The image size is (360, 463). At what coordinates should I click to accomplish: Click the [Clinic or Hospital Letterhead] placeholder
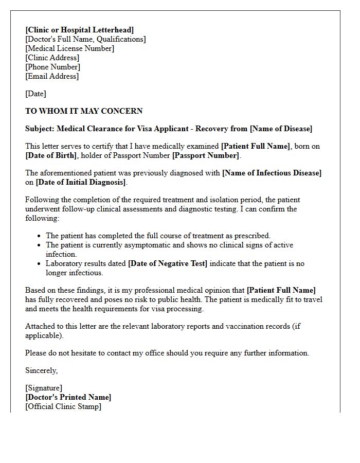(79, 30)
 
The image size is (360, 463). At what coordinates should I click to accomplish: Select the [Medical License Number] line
(69, 48)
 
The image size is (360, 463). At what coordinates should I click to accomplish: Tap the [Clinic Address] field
(52, 58)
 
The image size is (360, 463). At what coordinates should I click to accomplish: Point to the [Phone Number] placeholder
(52, 67)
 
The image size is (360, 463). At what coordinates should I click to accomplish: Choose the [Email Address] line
(52, 76)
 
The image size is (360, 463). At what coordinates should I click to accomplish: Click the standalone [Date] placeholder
(35, 94)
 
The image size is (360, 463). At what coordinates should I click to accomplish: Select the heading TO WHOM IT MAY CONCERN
(84, 111)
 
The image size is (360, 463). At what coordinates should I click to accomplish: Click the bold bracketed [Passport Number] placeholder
(206, 155)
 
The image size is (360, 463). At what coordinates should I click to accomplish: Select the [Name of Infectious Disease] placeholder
(272, 173)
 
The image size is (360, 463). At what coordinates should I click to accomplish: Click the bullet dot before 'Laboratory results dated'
(40, 264)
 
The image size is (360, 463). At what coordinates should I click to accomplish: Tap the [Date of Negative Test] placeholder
(168, 263)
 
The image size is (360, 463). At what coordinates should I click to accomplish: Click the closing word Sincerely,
(42, 370)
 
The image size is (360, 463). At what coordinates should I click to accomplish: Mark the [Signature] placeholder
(44, 388)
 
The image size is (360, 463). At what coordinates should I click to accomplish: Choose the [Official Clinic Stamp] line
(63, 406)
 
